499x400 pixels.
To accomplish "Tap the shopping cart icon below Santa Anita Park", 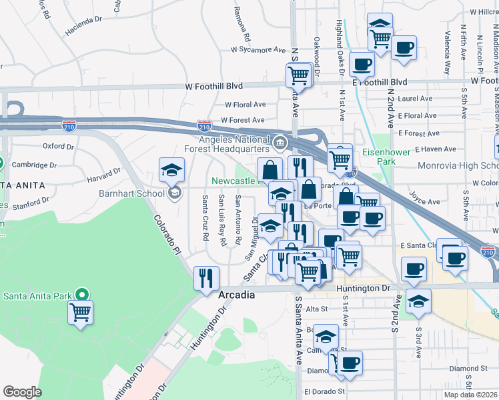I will tap(80, 311).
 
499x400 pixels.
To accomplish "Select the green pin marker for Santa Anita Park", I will tap(82, 294).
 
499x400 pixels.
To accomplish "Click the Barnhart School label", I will tap(136, 194).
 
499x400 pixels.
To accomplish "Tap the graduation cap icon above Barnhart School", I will tap(171, 169).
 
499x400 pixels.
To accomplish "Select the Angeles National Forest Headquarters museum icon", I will tap(280, 141).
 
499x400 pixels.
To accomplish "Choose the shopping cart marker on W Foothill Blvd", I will tap(298, 75).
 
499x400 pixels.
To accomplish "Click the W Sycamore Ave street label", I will tap(258, 49).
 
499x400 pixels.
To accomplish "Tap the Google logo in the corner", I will tap(22, 391).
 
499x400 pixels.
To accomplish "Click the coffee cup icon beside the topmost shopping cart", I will tap(404, 48).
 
